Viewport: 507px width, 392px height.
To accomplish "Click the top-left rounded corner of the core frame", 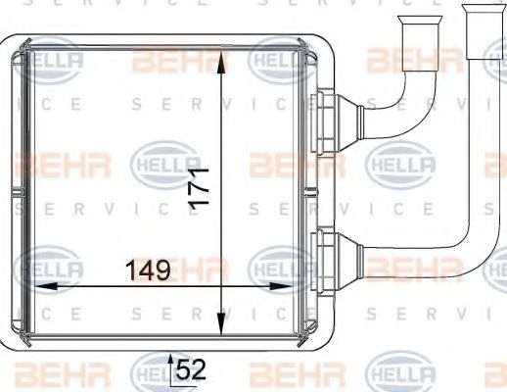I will pyautogui.click(x=12, y=45).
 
